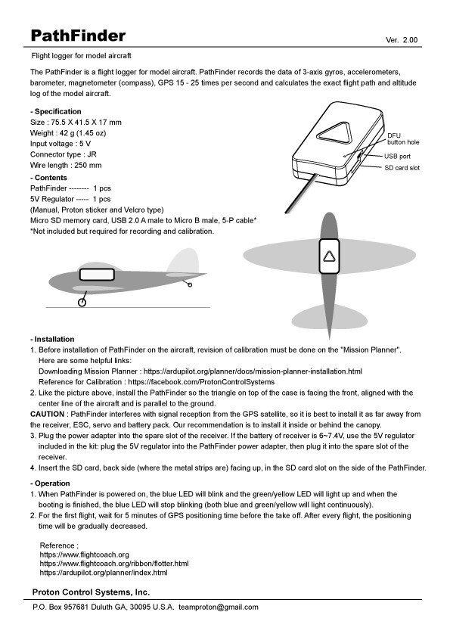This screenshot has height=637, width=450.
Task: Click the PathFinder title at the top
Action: pos(78,36)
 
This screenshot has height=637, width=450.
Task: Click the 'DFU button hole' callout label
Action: pos(402,138)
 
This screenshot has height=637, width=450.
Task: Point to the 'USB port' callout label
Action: pos(397,155)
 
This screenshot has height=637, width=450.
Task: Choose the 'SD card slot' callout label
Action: pos(402,167)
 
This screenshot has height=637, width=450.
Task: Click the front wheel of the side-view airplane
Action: pos(82,303)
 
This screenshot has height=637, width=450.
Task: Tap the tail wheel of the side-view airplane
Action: pos(189,284)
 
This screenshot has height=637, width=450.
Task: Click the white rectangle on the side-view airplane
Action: pos(96,273)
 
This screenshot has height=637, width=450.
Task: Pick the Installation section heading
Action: pos(53,339)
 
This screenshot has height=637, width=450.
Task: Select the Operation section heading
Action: pos(51,483)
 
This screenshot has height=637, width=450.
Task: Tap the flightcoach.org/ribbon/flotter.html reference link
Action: pos(113,564)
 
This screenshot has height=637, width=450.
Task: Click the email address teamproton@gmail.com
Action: pos(219,607)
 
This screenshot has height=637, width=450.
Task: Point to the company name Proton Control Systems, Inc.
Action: pos(91,591)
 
